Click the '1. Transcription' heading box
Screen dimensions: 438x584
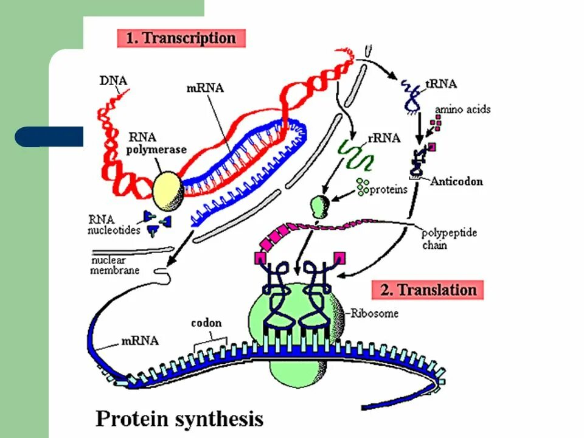click(x=180, y=38)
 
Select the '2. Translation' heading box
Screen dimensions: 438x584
click(x=428, y=290)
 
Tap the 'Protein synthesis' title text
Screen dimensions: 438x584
click(x=179, y=419)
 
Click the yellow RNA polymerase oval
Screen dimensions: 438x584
click(x=167, y=189)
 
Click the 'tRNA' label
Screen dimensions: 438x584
click(x=442, y=85)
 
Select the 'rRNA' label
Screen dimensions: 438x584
click(x=384, y=139)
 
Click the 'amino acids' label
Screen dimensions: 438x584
click(x=462, y=110)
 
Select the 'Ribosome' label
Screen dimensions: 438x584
click(x=375, y=313)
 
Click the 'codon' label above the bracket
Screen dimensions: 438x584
click(x=206, y=323)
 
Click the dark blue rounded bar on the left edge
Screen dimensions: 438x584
click(x=49, y=137)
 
